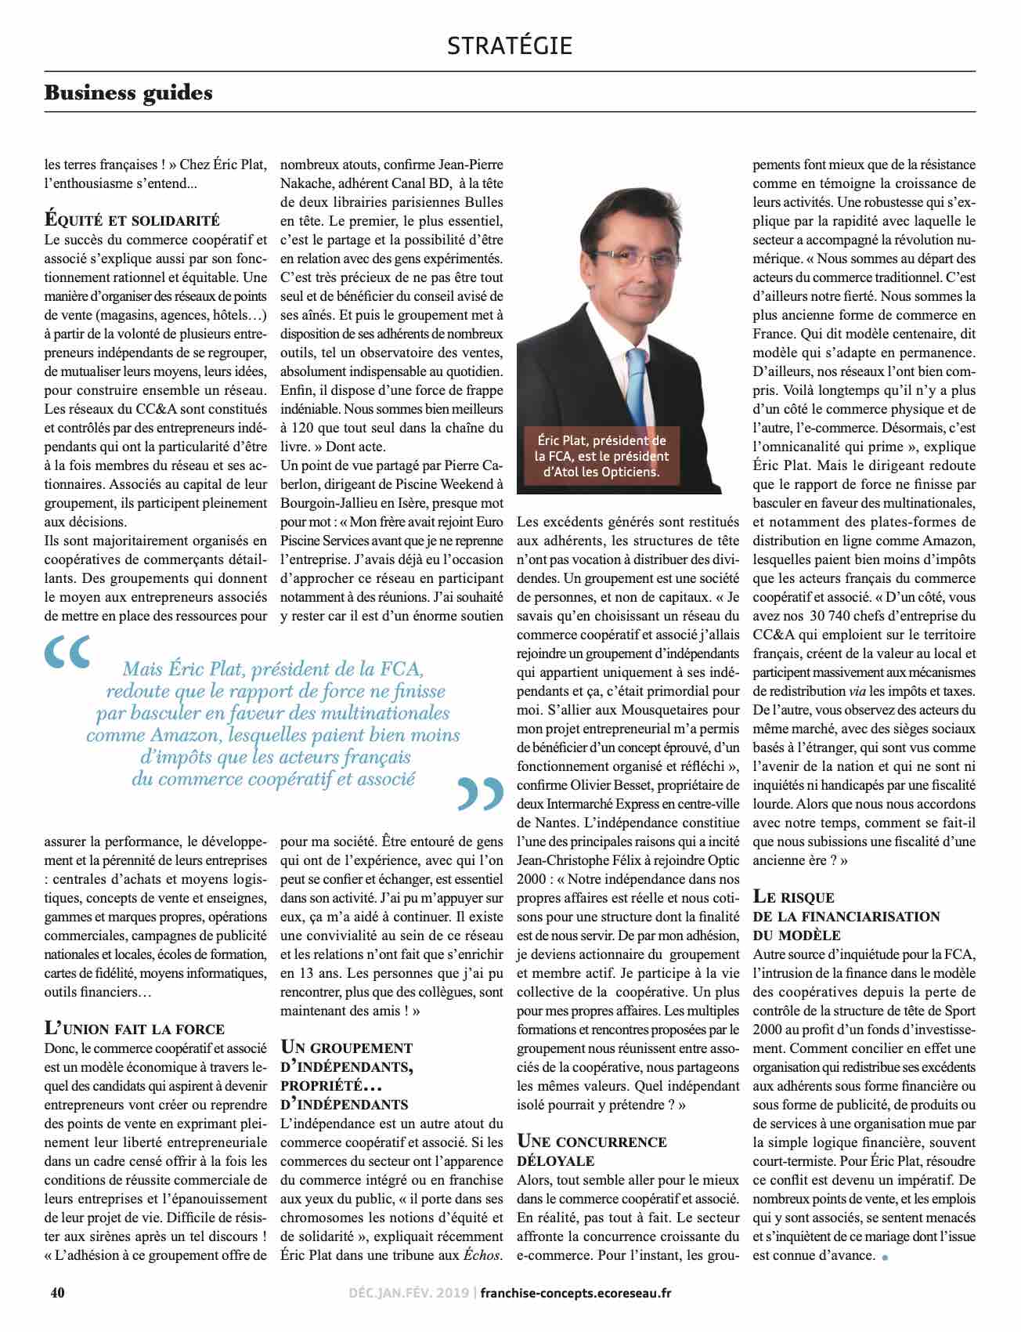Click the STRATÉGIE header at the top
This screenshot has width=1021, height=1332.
(510, 45)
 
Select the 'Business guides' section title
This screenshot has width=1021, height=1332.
(128, 92)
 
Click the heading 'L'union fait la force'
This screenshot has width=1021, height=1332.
(134, 1027)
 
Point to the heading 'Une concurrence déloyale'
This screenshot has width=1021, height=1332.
(592, 1150)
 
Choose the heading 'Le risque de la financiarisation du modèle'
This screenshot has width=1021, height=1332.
(846, 915)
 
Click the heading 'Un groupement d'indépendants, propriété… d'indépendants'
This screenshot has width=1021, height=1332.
(346, 1075)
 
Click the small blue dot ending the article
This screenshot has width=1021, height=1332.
(886, 1258)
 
